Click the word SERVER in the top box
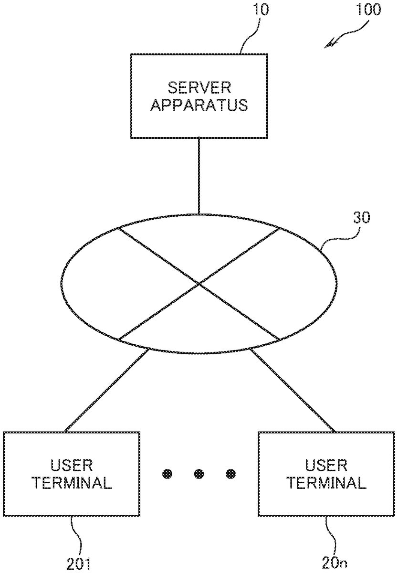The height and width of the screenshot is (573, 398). click(199, 87)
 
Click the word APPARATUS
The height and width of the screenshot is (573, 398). click(199, 105)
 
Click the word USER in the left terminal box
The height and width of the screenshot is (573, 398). click(72, 465)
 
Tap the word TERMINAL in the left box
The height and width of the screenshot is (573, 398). click(72, 483)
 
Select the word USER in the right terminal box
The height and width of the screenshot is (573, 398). click(326, 465)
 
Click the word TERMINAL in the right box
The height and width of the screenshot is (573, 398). click(326, 483)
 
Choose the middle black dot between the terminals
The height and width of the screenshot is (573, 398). click(199, 474)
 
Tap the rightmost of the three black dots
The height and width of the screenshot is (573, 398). click(231, 474)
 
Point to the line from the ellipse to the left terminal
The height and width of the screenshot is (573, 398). click(107, 389)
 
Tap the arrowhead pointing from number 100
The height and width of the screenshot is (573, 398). click(328, 45)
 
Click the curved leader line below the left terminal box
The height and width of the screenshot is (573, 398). click(74, 532)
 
